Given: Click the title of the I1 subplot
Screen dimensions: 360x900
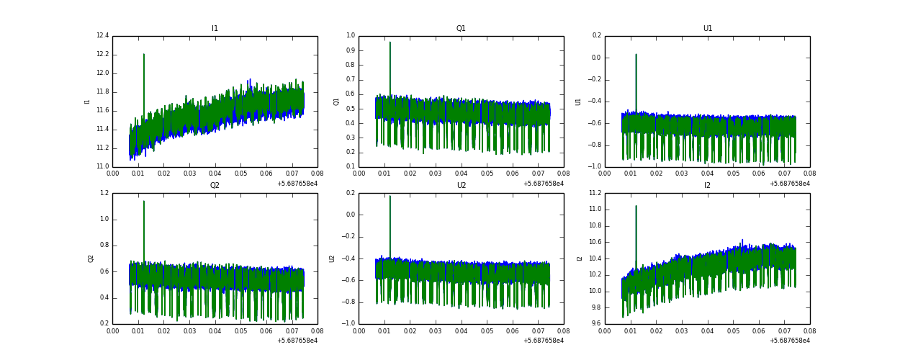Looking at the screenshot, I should pyautogui.click(x=215, y=29).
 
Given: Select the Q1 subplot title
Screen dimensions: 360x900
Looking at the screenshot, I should pyautogui.click(x=461, y=29).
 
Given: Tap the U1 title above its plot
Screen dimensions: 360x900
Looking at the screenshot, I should pyautogui.click(x=707, y=29).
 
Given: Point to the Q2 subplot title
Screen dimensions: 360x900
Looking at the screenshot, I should pyautogui.click(x=215, y=186).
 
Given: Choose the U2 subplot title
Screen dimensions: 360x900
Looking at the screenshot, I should pyautogui.click(x=461, y=186).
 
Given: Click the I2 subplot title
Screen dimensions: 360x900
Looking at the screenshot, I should pyautogui.click(x=707, y=186).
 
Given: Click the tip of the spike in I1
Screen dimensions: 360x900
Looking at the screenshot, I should pyautogui.click(x=144, y=54).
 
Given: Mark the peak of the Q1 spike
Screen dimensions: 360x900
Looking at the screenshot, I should pyautogui.click(x=390, y=42).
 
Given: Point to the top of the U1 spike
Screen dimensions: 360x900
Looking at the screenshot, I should pyautogui.click(x=636, y=54).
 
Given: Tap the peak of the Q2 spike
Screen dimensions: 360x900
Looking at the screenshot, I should pyautogui.click(x=144, y=201).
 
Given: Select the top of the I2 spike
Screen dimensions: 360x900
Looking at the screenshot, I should pyautogui.click(x=636, y=206).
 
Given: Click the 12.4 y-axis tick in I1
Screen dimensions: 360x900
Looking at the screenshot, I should pyautogui.click(x=102, y=36).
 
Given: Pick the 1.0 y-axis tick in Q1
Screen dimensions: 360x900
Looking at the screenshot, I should pyautogui.click(x=351, y=36).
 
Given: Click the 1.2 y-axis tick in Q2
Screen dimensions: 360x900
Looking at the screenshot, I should pyautogui.click(x=104, y=193).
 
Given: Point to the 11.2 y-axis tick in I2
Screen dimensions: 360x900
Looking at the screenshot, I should pyautogui.click(x=594, y=193).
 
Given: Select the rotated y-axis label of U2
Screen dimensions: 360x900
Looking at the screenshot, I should pyautogui.click(x=333, y=258).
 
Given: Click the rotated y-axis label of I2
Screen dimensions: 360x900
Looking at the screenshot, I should pyautogui.click(x=579, y=258).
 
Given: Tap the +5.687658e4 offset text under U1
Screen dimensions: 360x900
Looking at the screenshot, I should pyautogui.click(x=789, y=184).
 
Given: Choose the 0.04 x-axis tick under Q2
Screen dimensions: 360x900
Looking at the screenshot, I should pyautogui.click(x=215, y=332).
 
